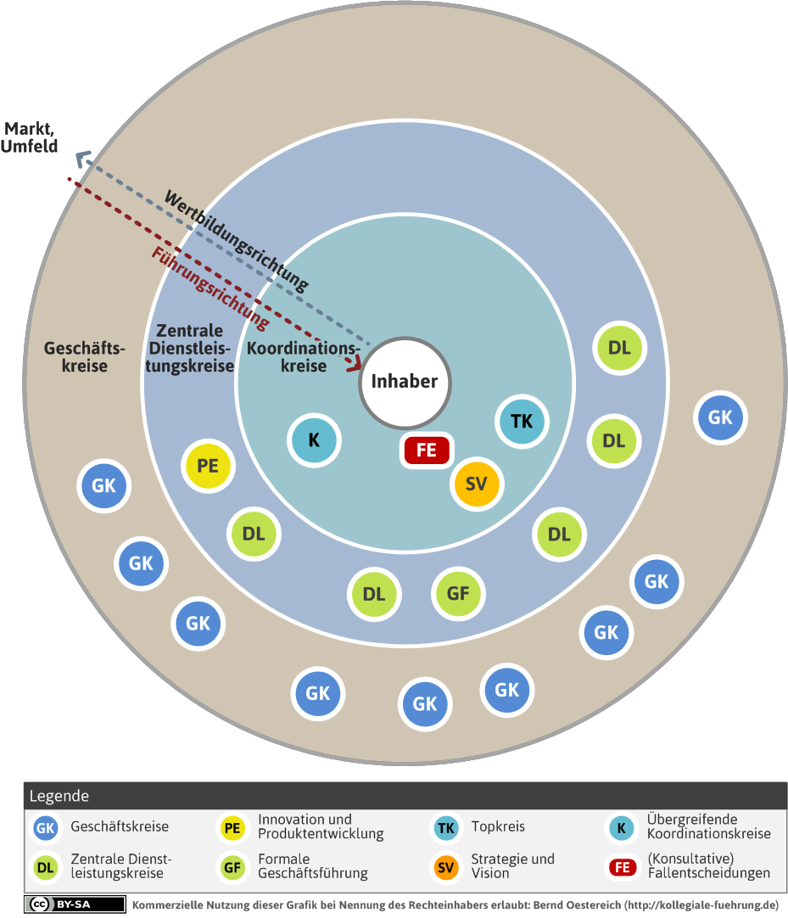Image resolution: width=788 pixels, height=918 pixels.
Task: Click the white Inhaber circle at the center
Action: coord(405,383)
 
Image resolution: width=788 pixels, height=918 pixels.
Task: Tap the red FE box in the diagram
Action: coord(426,450)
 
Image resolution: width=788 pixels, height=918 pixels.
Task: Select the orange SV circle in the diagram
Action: coord(477,484)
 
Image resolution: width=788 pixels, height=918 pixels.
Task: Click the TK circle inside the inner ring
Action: coord(522,421)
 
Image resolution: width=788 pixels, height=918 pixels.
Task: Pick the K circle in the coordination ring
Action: coord(315,440)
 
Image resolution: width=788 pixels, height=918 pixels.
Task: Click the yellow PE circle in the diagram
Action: coord(208,466)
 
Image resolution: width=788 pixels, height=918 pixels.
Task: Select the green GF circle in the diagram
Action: coord(458,594)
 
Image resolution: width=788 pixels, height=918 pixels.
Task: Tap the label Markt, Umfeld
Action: coord(30,137)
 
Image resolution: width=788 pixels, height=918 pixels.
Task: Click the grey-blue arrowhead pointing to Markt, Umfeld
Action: coord(84,158)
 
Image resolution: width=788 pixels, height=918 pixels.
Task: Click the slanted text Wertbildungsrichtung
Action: coord(236,240)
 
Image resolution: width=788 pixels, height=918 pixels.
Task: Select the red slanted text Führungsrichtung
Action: coord(210,287)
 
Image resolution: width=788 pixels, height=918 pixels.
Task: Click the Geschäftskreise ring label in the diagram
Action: coord(85,356)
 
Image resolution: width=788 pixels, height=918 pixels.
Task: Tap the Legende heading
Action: coord(59,796)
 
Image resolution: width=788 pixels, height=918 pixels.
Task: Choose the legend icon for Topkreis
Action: coord(446,828)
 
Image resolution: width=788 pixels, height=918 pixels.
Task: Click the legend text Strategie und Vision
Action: coord(513,866)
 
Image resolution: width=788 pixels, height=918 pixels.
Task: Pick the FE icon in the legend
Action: coord(623,867)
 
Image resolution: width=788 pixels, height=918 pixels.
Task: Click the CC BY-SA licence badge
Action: coord(75,904)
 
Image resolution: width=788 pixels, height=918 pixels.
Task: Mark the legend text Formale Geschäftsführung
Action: coord(313,866)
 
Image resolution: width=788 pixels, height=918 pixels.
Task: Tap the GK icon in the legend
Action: coord(46,828)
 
